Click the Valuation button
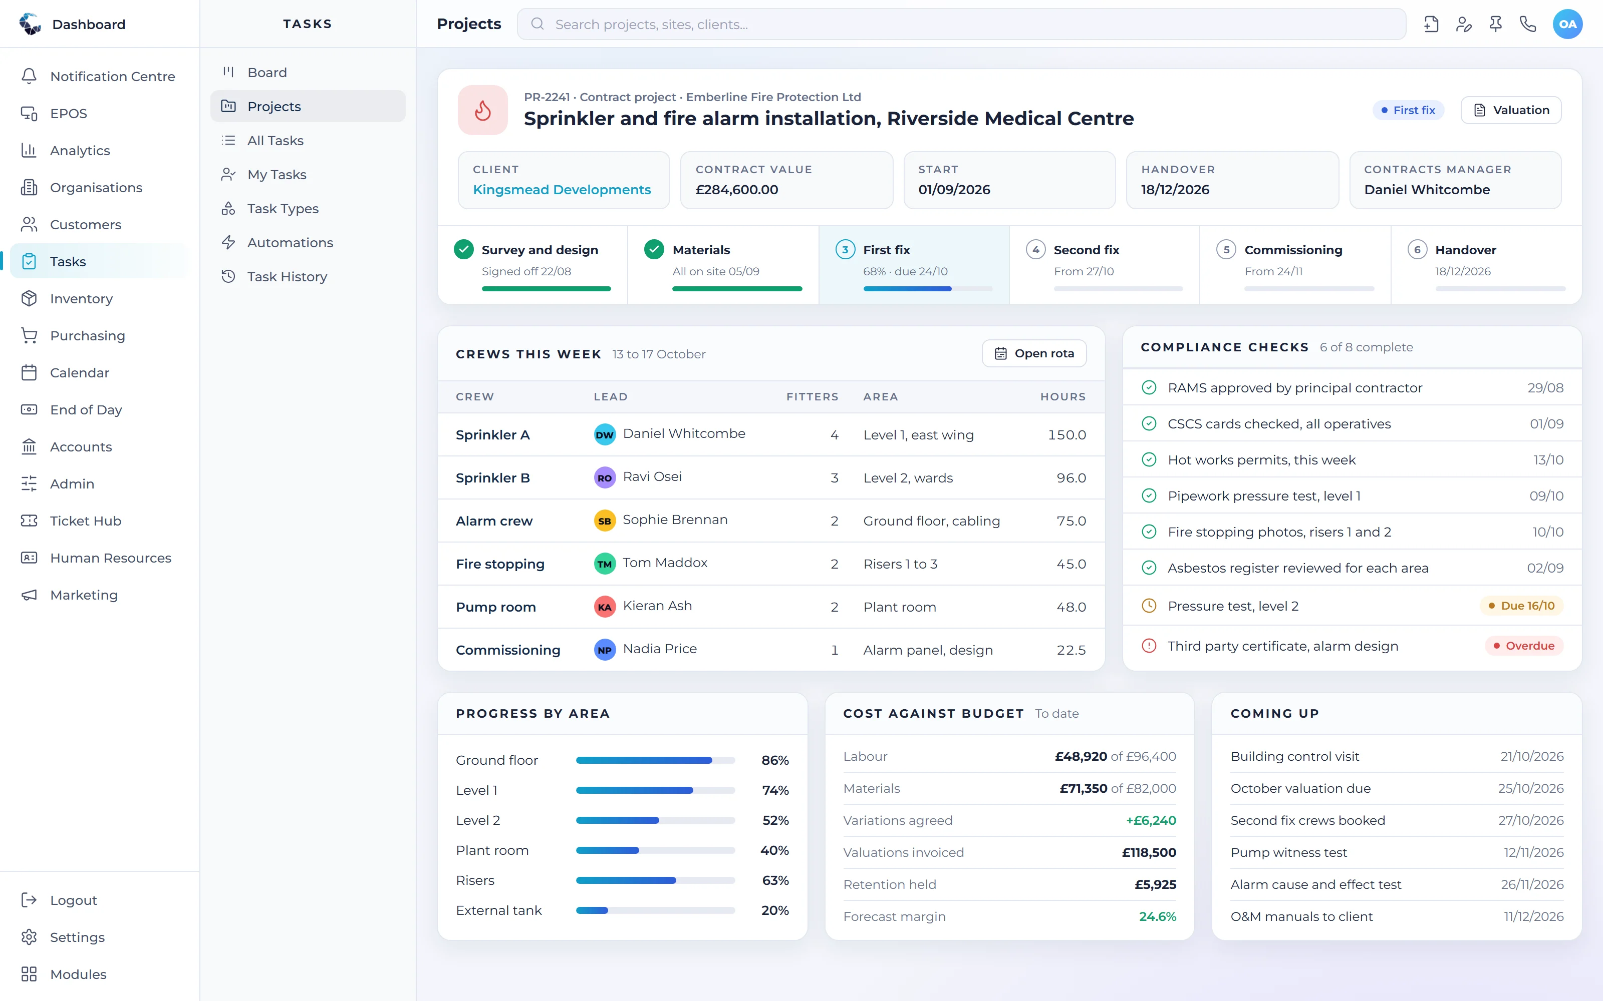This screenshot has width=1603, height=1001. pyautogui.click(x=1510, y=110)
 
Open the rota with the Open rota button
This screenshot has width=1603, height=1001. pyautogui.click(x=1034, y=353)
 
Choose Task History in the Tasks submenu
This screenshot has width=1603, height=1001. pyautogui.click(x=287, y=277)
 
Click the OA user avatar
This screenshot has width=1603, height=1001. pyautogui.click(x=1567, y=25)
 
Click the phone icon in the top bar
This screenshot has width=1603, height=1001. pyautogui.click(x=1527, y=25)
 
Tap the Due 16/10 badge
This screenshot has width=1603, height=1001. pyautogui.click(x=1521, y=606)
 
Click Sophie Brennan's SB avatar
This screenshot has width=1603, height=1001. pyautogui.click(x=605, y=521)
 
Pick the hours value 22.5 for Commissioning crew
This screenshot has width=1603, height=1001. pyautogui.click(x=1071, y=650)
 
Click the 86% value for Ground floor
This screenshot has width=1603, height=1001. pyautogui.click(x=775, y=760)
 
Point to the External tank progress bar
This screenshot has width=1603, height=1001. pyautogui.click(x=655, y=910)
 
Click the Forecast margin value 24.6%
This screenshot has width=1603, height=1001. pyautogui.click(x=1157, y=916)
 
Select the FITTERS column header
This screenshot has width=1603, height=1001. pyautogui.click(x=812, y=396)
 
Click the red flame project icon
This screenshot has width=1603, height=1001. pyautogui.click(x=483, y=110)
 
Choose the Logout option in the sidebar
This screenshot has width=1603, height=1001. pyautogui.click(x=73, y=900)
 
